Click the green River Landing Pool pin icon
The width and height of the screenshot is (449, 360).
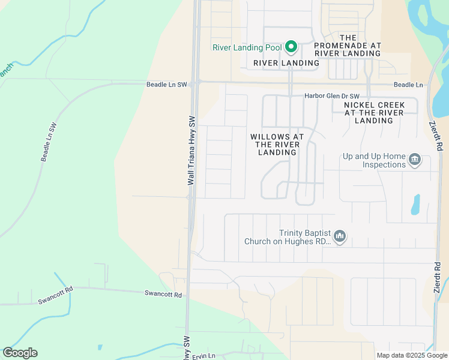click(291, 47)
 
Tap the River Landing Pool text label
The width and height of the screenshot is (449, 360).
click(247, 48)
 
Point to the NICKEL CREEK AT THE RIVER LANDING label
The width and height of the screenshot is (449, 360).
click(374, 113)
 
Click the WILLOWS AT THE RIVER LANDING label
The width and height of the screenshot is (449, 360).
click(277, 145)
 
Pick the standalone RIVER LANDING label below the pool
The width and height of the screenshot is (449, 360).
click(286, 63)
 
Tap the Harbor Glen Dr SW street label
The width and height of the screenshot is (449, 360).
click(331, 96)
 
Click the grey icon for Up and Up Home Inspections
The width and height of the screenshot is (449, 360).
click(415, 160)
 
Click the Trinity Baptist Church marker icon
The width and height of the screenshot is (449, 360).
click(340, 236)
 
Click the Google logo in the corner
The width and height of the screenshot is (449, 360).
click(20, 353)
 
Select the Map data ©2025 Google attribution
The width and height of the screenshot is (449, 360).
click(411, 355)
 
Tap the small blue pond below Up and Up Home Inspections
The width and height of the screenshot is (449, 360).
click(415, 205)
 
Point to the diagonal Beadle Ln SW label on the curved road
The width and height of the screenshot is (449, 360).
click(49, 142)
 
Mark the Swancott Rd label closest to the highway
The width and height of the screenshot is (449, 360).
click(163, 294)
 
